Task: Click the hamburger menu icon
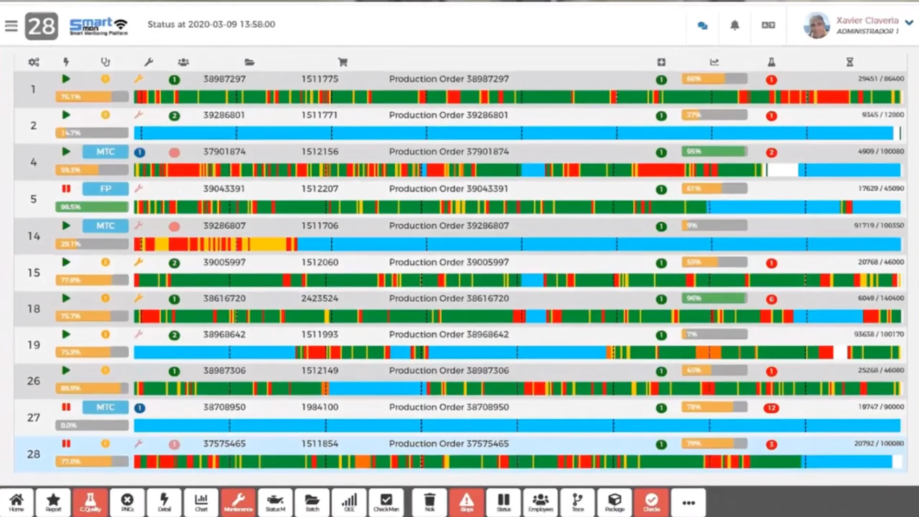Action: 11,26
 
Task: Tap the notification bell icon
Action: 734,25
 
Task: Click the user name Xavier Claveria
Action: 867,21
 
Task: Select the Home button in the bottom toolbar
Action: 17,502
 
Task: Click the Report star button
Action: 53,502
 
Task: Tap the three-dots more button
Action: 688,502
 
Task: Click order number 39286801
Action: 224,115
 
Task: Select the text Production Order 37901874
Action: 448,152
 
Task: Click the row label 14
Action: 34,236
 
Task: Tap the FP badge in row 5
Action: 105,189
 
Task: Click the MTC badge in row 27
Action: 105,407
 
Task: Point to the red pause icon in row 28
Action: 66,444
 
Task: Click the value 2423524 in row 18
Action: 319,298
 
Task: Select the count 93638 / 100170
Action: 879,334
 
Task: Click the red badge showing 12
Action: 771,408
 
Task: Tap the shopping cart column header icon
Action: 343,62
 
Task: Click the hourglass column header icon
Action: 850,62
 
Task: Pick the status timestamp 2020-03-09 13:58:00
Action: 232,24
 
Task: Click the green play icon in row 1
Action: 66,79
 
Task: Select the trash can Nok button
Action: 430,502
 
